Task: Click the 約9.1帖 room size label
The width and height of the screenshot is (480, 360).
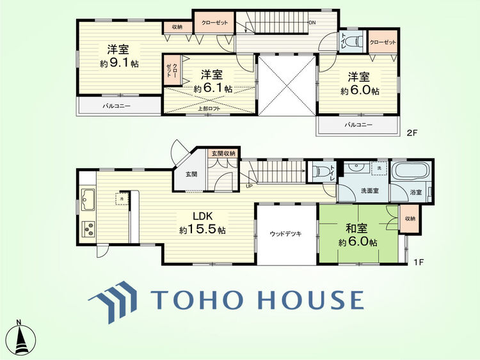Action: tap(120, 63)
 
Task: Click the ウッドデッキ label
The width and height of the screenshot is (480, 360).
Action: tap(285, 233)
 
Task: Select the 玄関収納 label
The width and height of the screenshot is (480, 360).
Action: tap(223, 153)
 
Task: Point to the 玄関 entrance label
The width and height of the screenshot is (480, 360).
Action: tap(191, 174)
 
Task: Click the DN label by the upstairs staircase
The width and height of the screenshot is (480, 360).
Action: tap(312, 23)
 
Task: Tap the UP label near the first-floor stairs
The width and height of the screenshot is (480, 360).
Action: tap(248, 186)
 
